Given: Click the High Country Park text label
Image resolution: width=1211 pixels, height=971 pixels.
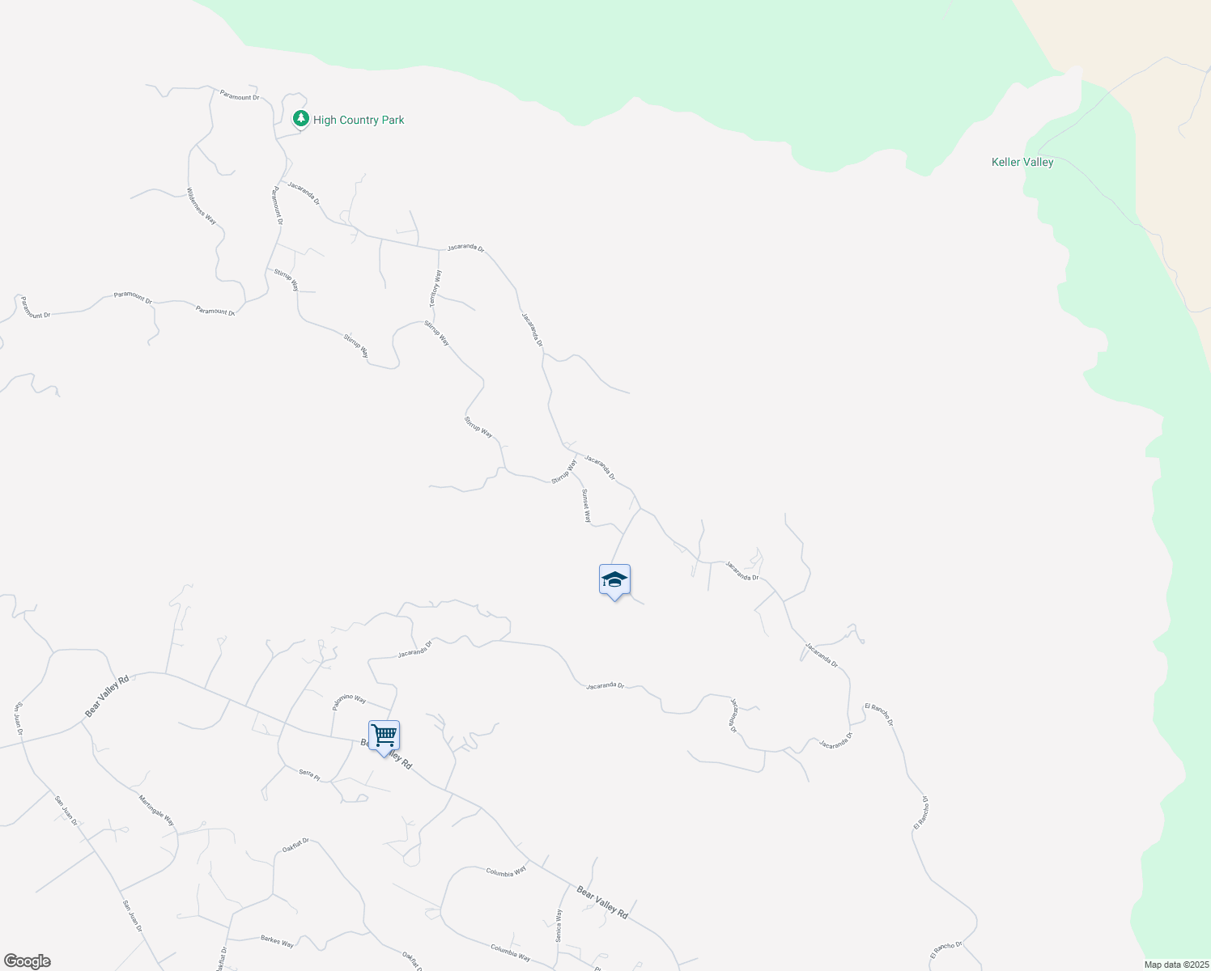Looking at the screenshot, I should pyautogui.click(x=359, y=120).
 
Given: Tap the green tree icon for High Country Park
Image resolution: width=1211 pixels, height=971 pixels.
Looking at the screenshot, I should pyautogui.click(x=301, y=119).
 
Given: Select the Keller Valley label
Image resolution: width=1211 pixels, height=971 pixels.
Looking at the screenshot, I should pyautogui.click(x=1022, y=162).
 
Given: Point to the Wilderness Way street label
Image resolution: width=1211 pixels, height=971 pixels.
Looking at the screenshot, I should pyautogui.click(x=202, y=206).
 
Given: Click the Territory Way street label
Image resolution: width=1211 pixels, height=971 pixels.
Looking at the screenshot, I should pyautogui.click(x=436, y=288).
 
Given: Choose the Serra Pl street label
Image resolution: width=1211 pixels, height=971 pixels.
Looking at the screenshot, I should pyautogui.click(x=309, y=774).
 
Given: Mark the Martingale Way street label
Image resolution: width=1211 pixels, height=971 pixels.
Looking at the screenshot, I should pyautogui.click(x=156, y=810).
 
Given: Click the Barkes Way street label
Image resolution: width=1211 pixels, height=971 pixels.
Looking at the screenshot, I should pyautogui.click(x=277, y=941).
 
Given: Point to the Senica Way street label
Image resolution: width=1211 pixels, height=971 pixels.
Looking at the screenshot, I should pyautogui.click(x=559, y=925).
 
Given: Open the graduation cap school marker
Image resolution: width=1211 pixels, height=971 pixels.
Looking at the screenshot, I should pyautogui.click(x=614, y=580).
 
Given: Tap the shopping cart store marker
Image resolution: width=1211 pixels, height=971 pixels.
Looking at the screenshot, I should pyautogui.click(x=384, y=736).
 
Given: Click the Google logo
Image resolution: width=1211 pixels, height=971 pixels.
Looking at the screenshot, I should pyautogui.click(x=27, y=961).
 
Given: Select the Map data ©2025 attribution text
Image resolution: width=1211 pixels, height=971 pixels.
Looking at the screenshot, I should pyautogui.click(x=1175, y=965).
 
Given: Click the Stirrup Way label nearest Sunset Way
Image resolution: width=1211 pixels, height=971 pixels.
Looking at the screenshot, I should pyautogui.click(x=564, y=472).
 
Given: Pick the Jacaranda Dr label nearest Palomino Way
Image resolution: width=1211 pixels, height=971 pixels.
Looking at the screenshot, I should pyautogui.click(x=415, y=649).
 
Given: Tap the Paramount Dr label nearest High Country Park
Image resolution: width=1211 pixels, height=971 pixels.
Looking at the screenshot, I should pyautogui.click(x=239, y=97).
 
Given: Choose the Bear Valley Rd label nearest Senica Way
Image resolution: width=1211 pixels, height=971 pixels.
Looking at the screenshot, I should pyautogui.click(x=602, y=901).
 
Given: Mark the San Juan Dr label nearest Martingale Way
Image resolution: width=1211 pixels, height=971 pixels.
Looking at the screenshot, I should pyautogui.click(x=66, y=811).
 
